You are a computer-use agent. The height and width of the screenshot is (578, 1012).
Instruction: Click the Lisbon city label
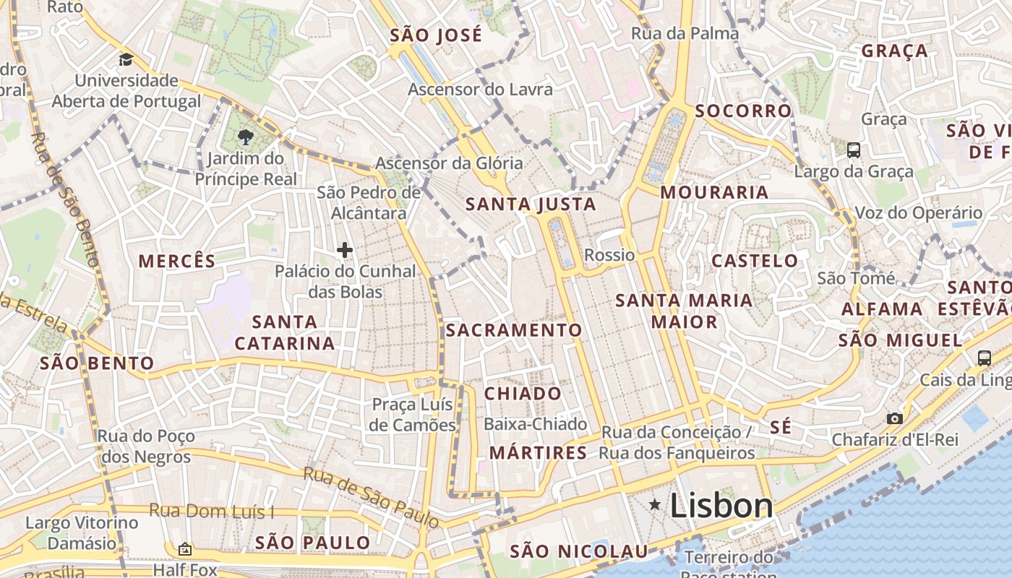[x=721, y=506]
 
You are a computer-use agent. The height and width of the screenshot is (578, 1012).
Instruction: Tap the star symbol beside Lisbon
[x=656, y=504]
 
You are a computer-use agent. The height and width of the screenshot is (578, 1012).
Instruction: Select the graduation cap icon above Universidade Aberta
[x=126, y=59]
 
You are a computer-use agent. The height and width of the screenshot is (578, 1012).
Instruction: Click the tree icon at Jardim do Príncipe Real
[x=246, y=137]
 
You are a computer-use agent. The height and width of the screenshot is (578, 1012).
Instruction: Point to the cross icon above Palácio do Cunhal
[x=345, y=250]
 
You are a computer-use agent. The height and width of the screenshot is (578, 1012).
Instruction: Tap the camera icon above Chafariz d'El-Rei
[x=894, y=418]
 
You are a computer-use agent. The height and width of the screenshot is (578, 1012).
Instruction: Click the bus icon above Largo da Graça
[x=854, y=150]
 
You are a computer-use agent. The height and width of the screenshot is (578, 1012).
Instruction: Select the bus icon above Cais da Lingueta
[x=984, y=357]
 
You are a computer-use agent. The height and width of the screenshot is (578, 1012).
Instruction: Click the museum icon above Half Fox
[x=184, y=549]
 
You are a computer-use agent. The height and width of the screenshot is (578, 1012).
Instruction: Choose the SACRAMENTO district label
[x=514, y=330]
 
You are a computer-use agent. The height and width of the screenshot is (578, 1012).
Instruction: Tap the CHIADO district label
[x=523, y=394]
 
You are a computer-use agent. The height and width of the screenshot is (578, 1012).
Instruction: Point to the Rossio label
[x=609, y=255]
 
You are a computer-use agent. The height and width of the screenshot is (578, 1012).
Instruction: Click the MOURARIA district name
[x=714, y=192]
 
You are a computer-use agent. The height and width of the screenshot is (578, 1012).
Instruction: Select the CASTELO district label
[x=755, y=261]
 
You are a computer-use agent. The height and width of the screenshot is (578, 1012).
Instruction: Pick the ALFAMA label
[x=882, y=309]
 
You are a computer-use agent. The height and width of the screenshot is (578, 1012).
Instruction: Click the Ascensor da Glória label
[x=449, y=163]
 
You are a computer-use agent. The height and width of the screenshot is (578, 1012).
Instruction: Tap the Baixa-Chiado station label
[x=536, y=424]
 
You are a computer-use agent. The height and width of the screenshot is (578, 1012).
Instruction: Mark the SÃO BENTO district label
[x=97, y=363]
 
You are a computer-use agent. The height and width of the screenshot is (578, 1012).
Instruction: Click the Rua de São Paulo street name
[x=371, y=497]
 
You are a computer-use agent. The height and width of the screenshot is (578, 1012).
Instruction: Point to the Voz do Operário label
[x=919, y=213]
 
